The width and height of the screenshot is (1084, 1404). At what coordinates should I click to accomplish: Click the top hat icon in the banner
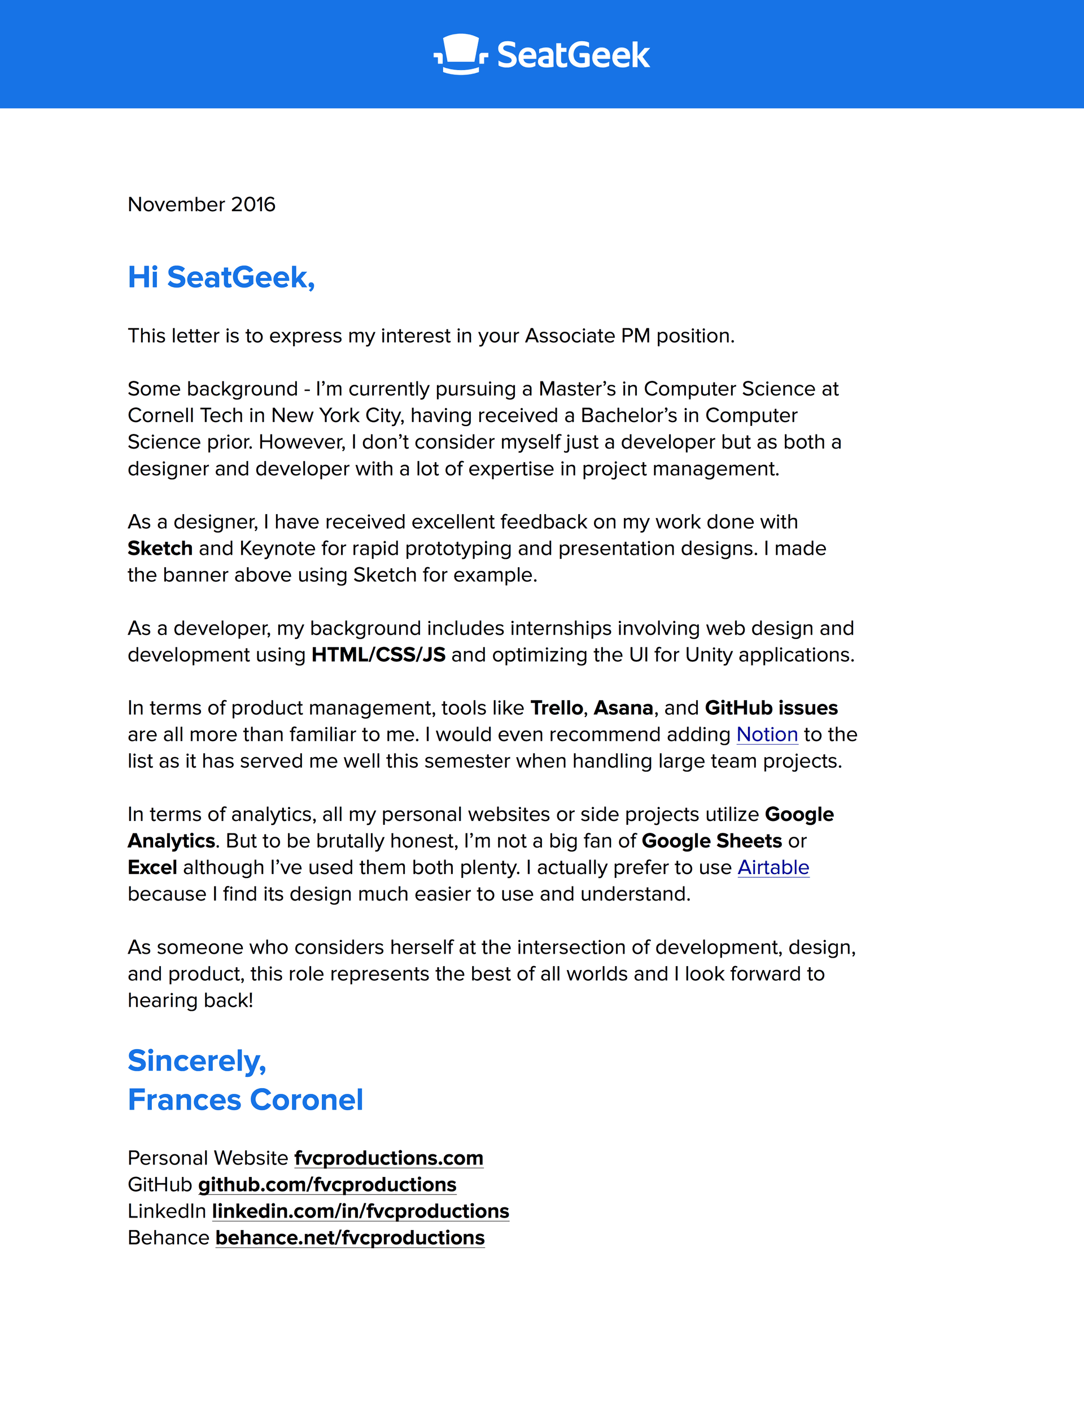460,54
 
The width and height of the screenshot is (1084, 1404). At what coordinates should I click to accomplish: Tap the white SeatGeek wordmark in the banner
573,55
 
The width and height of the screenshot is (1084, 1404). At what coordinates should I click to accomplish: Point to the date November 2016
201,205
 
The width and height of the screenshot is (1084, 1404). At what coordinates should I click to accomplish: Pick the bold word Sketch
160,549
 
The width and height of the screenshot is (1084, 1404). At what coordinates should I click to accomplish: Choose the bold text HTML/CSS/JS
378,654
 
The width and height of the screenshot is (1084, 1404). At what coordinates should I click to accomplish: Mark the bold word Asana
623,708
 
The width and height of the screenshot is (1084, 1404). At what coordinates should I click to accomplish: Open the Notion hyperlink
767,734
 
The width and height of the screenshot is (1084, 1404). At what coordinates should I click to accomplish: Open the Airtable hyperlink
773,867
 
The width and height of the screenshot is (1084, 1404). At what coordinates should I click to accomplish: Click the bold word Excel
152,867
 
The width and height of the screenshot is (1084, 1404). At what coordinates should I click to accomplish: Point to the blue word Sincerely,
196,1060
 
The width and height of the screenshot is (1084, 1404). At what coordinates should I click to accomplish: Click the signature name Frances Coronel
246,1100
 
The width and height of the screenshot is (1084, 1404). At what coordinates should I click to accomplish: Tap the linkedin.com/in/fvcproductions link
360,1211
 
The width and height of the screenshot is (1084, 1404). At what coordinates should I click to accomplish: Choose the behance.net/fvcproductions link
350,1237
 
